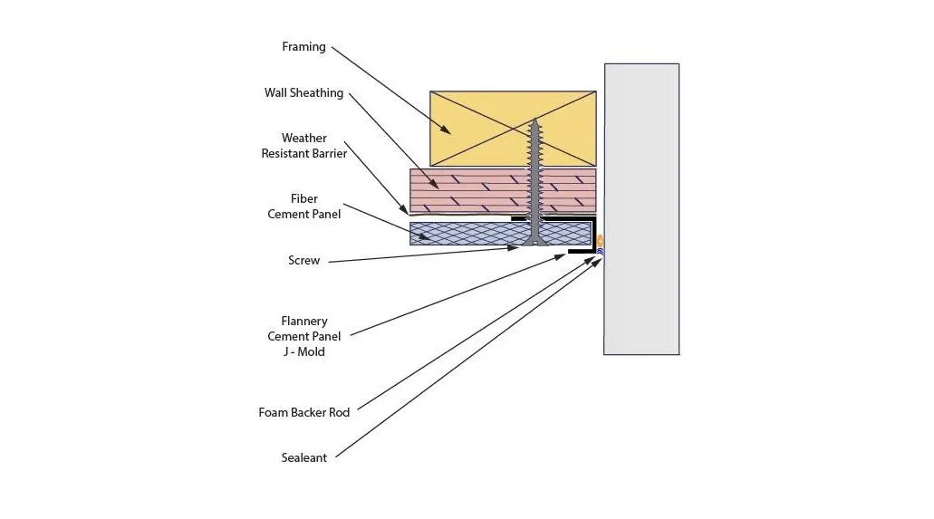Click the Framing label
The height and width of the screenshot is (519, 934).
(x=303, y=46)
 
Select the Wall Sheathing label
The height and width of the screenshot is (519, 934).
(x=303, y=92)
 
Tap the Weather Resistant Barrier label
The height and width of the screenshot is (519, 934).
(x=303, y=146)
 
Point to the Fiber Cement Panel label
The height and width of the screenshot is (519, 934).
(x=303, y=207)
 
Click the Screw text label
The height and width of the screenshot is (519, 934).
(x=303, y=260)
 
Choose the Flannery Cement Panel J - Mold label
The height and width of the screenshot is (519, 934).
(x=303, y=336)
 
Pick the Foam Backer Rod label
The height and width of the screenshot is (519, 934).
(x=303, y=412)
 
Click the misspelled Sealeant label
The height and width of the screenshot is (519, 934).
(x=303, y=457)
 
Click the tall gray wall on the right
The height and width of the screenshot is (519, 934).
(x=641, y=209)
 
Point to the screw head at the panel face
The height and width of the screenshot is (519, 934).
(x=534, y=242)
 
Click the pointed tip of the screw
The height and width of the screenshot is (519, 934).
(x=534, y=120)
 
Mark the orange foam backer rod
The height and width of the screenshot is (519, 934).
(x=600, y=241)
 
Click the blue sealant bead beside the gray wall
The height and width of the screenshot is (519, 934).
(x=600, y=253)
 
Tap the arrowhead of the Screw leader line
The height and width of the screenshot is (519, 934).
(x=513, y=247)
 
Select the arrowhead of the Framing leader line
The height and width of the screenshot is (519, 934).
(x=445, y=129)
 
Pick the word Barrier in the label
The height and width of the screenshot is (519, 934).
(x=329, y=153)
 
